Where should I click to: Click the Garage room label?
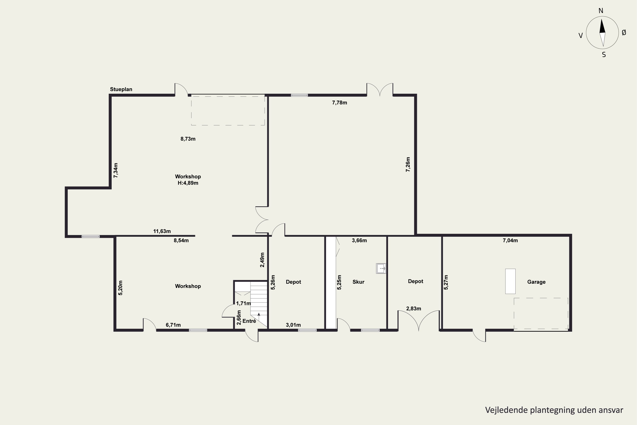[x=536, y=282]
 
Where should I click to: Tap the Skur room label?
[x=358, y=282]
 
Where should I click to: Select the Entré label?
[x=249, y=321]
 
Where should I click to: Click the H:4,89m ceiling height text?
[x=188, y=183]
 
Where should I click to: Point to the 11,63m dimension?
[x=162, y=231]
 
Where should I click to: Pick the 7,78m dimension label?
[x=340, y=103]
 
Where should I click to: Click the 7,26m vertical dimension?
[x=408, y=164]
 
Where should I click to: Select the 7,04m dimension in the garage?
[x=510, y=240]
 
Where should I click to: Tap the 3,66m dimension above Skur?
[x=359, y=240]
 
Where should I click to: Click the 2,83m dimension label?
[x=414, y=309]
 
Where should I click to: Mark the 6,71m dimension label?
[x=173, y=325]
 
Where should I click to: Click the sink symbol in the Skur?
[x=381, y=268]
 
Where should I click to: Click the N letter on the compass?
[x=601, y=11]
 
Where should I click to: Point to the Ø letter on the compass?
[x=624, y=33]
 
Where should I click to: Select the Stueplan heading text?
[x=121, y=89]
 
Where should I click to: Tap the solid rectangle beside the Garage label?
[x=510, y=281]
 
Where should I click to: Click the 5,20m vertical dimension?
[x=121, y=288]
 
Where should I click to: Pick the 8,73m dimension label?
[x=188, y=139]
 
